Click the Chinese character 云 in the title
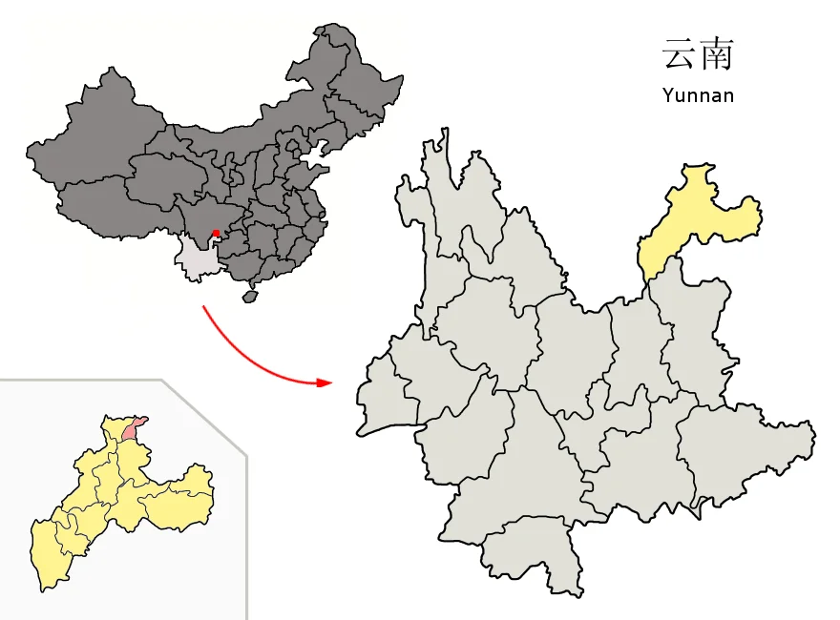[x=677, y=54]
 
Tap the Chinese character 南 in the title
[x=716, y=54]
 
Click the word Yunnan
[x=697, y=95]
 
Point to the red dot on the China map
[x=216, y=233]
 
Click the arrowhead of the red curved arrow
[x=326, y=382]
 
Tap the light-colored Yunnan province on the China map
[x=199, y=260]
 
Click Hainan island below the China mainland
[x=250, y=297]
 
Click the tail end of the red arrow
[x=202, y=307]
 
